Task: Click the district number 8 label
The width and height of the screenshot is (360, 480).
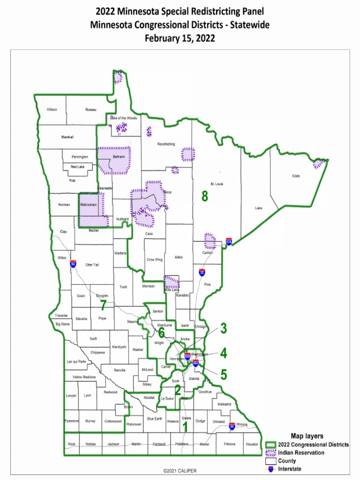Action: [204, 197]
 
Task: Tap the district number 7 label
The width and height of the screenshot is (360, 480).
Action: [103, 305]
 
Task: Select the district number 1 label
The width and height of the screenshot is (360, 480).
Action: [185, 427]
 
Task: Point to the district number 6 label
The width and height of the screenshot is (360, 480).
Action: [162, 332]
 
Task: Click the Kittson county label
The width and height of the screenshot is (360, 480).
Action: [52, 109]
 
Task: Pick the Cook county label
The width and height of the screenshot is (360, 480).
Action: [296, 176]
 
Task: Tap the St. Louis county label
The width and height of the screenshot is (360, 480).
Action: [217, 184]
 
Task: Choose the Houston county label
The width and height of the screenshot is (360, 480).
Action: [252, 444]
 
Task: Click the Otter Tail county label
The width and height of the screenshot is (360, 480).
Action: [92, 265]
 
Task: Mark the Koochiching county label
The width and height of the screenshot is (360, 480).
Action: [166, 144]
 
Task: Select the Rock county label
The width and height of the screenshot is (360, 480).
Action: [71, 444]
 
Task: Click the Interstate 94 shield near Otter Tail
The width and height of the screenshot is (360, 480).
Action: [73, 264]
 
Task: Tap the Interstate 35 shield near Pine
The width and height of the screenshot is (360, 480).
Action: [202, 272]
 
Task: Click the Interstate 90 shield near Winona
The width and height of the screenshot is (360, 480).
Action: [232, 427]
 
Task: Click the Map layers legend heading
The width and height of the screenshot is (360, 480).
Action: [307, 436]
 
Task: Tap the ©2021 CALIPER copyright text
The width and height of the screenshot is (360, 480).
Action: [180, 471]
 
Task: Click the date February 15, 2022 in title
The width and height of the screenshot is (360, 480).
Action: [180, 38]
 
